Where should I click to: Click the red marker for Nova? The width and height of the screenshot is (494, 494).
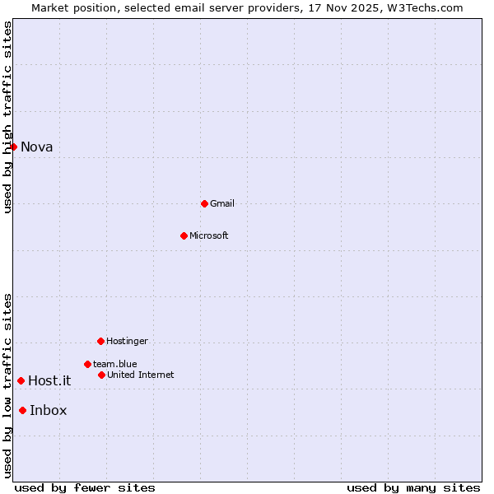coord(13,147)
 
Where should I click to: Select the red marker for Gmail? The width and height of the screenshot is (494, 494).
coord(204,203)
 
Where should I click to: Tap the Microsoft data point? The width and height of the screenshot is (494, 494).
coord(184,235)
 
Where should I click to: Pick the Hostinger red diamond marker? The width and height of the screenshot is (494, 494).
coord(100,341)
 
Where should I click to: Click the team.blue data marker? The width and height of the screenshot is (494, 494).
coord(87,364)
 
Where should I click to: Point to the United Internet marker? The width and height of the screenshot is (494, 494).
coord(101,375)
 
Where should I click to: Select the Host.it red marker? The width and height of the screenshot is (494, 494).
coord(21,380)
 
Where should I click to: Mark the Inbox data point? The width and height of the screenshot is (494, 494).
coord(22,410)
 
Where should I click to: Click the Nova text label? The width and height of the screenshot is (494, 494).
coord(37,147)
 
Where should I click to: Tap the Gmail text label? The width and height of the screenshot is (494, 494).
coord(222,203)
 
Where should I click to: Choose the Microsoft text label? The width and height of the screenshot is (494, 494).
coord(209,235)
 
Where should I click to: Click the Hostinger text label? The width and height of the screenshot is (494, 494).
coord(127,341)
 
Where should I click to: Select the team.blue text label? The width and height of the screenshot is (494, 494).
coord(115,364)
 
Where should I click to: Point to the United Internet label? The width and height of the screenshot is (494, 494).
coord(141,375)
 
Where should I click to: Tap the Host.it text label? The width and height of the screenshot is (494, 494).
coord(49,380)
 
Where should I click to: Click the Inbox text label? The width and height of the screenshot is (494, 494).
coord(49,411)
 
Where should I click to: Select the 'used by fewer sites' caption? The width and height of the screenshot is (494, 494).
coord(85,487)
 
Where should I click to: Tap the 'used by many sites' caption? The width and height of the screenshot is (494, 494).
coord(413,487)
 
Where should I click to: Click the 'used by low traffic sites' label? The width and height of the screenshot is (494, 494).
coord(7,385)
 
